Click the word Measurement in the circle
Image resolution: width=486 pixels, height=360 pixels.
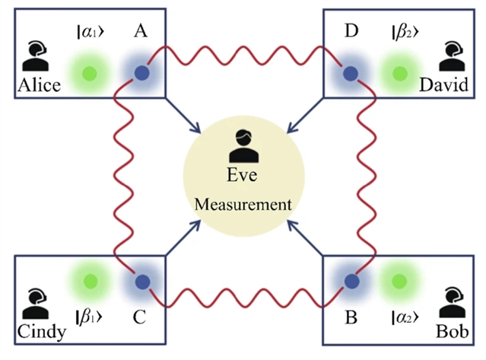[243, 204]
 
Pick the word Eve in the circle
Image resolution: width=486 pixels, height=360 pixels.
[243, 177]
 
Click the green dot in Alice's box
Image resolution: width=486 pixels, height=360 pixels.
[89, 74]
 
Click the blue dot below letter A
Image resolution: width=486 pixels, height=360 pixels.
[141, 74]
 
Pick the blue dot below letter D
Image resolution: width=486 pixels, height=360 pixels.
[350, 74]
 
